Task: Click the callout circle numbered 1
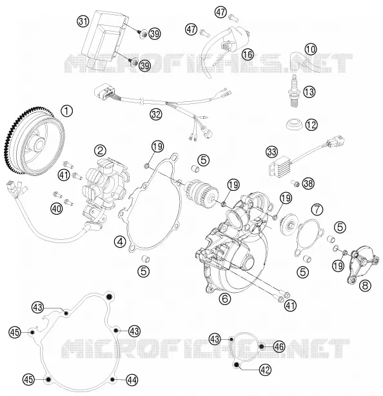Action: click(x=67, y=112)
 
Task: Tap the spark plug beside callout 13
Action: click(x=296, y=91)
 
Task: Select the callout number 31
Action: click(x=83, y=21)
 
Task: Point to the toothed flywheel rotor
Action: click(x=34, y=141)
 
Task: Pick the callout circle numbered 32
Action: click(x=156, y=115)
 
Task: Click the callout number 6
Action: click(x=225, y=299)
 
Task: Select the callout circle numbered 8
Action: click(x=365, y=286)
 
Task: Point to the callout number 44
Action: click(x=132, y=380)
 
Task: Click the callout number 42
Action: click(x=265, y=370)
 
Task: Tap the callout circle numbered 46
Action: click(x=279, y=347)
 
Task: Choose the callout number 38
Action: click(x=308, y=183)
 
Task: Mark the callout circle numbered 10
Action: click(x=311, y=49)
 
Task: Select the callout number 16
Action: click(x=248, y=54)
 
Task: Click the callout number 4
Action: click(x=120, y=241)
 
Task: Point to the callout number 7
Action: click(x=317, y=209)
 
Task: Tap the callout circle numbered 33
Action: click(x=271, y=152)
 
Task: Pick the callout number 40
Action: click(x=56, y=208)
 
